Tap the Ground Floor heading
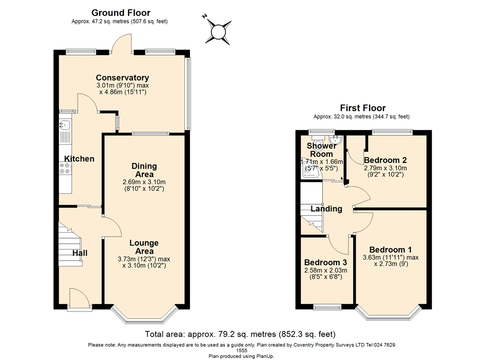[x=121, y=13]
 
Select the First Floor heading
[x=363, y=108]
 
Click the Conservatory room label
[x=122, y=78]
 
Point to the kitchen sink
[x=65, y=124]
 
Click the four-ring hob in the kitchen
[x=65, y=168]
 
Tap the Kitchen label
[x=79, y=159]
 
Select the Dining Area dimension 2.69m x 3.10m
[x=144, y=182]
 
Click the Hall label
[x=80, y=253]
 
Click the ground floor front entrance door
[x=79, y=298]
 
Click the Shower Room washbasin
[x=335, y=140]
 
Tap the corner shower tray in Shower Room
[x=311, y=172]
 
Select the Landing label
[x=326, y=209]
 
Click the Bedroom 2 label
[x=385, y=160]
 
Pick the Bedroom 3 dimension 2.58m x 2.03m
[x=325, y=271]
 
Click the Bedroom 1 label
[x=390, y=250]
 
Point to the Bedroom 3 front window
[x=327, y=306]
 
